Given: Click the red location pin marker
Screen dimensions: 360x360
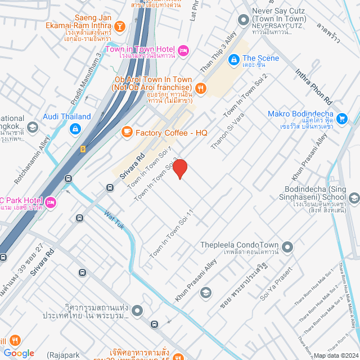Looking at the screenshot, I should (x=180, y=168).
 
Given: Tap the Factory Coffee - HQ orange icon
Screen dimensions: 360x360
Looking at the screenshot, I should (x=127, y=132).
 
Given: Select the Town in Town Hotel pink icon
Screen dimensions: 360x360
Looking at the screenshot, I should (x=183, y=51).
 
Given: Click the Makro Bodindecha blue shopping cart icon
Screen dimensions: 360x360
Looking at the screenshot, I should (x=355, y=118).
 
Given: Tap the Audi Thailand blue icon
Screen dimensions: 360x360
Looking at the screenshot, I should (x=74, y=129).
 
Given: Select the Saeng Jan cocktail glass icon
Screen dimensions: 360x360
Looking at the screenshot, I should (x=120, y=26).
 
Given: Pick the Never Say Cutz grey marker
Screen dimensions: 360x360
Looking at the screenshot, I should (x=244, y=20).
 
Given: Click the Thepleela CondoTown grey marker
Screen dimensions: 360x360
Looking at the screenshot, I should (x=288, y=246).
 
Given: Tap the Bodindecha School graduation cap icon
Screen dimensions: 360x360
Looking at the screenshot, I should (x=354, y=197).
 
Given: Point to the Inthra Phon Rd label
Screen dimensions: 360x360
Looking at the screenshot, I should (x=315, y=84).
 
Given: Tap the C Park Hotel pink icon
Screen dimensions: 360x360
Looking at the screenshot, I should (x=51, y=201).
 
